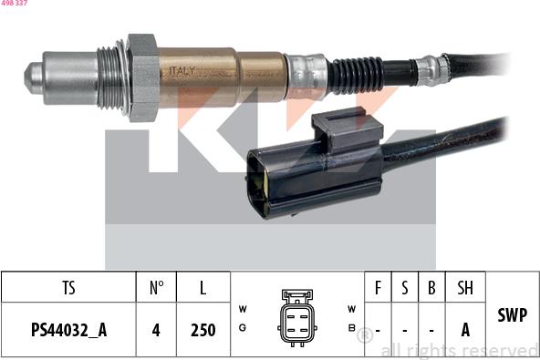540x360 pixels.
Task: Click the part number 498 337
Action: [x=14, y=3]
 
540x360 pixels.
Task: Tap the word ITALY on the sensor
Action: [x=182, y=71]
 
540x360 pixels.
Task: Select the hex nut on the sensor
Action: [x=143, y=77]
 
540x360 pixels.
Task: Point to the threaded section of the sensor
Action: [x=109, y=77]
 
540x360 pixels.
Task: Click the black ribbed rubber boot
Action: [x=357, y=75]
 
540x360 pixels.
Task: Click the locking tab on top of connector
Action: [x=348, y=128]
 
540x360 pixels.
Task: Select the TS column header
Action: [x=69, y=287]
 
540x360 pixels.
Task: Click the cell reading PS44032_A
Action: [x=69, y=330]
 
